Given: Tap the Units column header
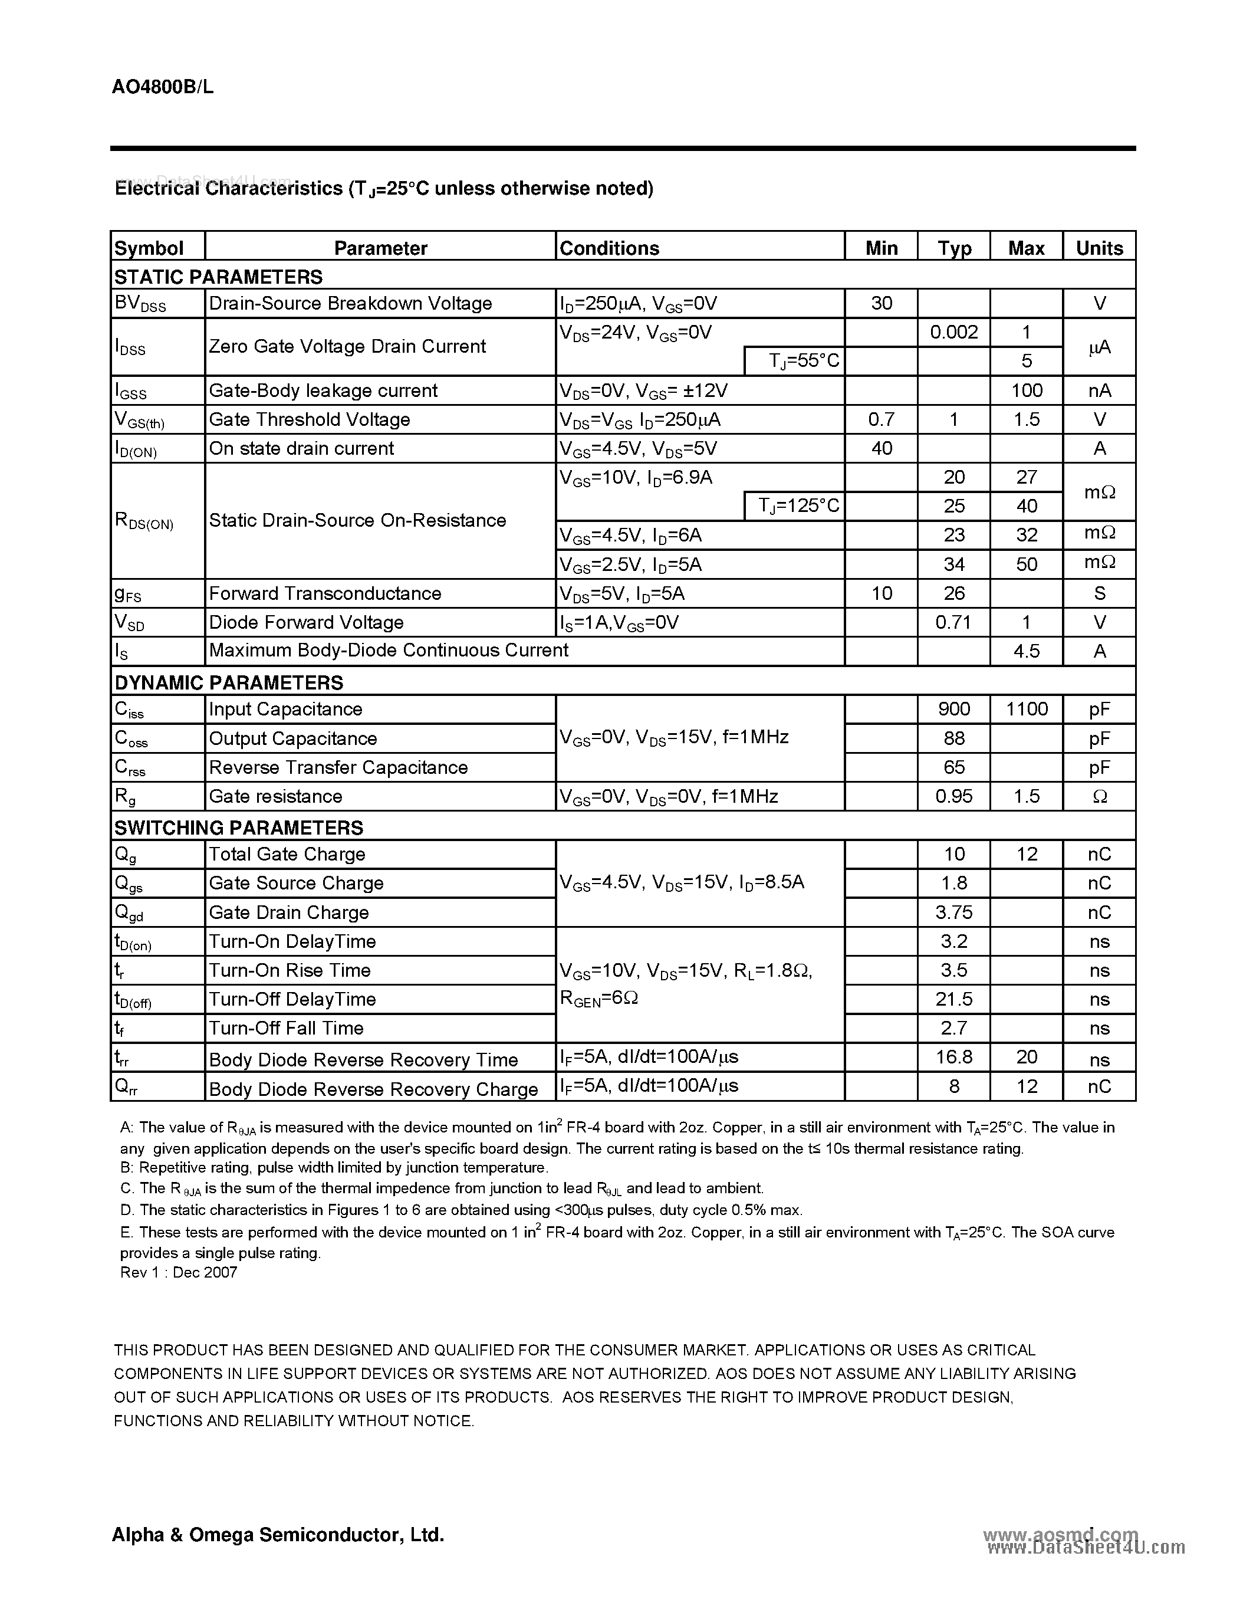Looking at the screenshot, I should coord(1099,248).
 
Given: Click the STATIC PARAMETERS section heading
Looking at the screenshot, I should coord(218,277).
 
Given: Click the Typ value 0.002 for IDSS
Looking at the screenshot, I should coord(954,332).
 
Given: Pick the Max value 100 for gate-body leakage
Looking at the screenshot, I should coord(1026,390).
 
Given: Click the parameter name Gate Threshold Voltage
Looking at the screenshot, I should coord(310,419).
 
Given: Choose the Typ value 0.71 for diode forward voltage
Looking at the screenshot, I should coord(954,622).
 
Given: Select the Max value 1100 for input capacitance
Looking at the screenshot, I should coord(1026,709).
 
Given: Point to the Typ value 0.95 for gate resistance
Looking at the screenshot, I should coord(954,796).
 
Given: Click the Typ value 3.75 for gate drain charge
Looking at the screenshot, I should coord(954,912).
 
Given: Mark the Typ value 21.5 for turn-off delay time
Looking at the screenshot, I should coord(954,999).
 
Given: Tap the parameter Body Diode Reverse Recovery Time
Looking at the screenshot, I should coord(363,1060).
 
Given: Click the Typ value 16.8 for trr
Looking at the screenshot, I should coord(954,1057).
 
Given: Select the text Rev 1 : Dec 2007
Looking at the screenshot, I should coord(179,1272).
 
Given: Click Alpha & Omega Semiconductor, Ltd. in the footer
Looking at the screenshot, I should coord(278,1534).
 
